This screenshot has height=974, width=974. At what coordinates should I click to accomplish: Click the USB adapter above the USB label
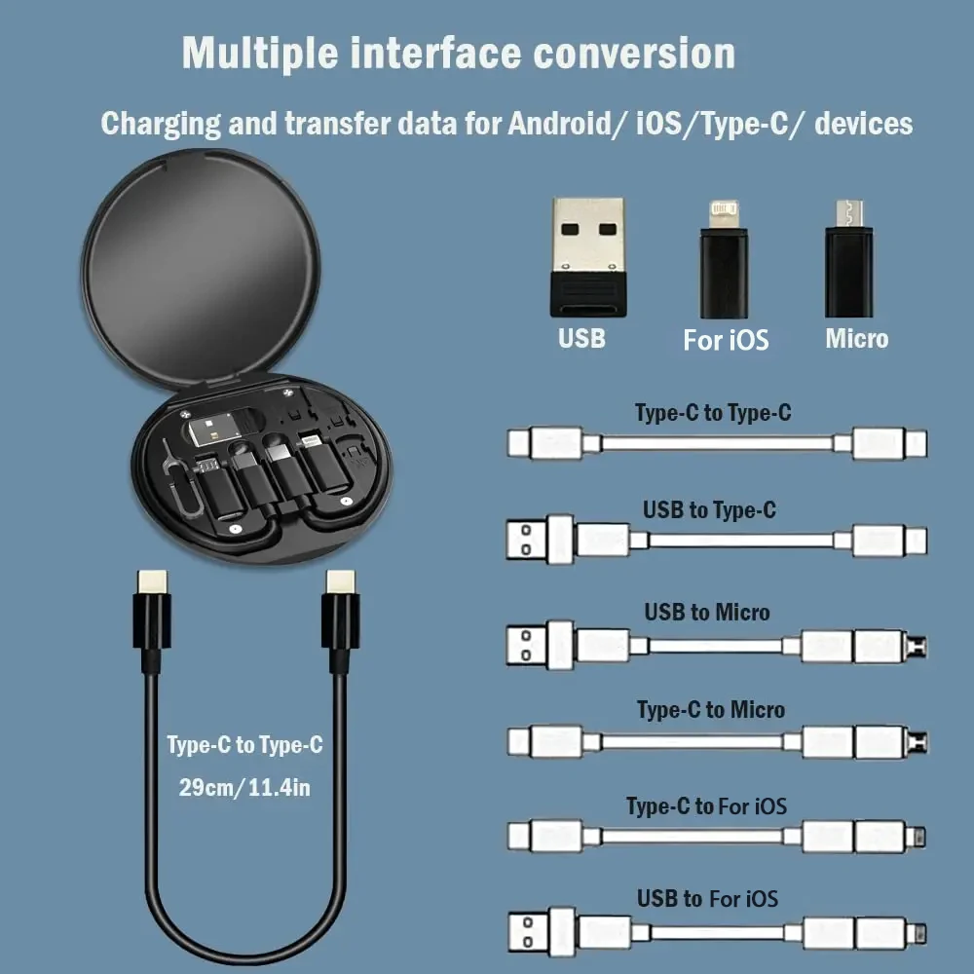[x=588, y=256]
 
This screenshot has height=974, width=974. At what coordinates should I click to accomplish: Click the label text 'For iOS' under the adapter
[x=726, y=340]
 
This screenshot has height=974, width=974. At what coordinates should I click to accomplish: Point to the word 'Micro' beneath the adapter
[x=856, y=339]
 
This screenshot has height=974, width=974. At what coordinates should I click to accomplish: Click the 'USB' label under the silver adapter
[x=581, y=339]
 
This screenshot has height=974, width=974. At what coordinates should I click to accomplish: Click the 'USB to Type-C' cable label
[x=709, y=509]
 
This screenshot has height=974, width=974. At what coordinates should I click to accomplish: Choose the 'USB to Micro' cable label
[x=707, y=613]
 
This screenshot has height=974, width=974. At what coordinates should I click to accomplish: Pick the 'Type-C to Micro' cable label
[x=711, y=710]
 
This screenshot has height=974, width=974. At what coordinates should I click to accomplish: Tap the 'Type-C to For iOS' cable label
[x=706, y=806]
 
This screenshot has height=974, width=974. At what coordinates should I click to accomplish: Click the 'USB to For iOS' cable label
[x=708, y=898]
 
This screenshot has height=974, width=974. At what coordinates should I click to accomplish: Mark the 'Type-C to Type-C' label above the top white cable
[x=713, y=413]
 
